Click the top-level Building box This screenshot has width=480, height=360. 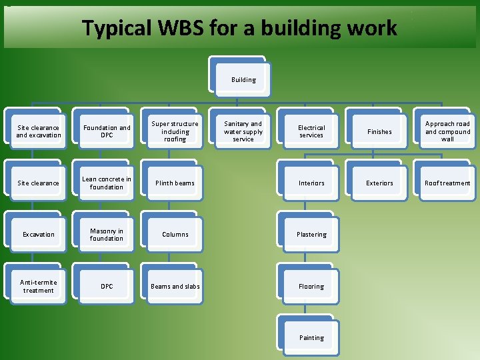point(243,80)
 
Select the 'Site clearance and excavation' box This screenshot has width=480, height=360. point(39,131)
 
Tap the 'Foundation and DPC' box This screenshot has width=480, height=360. point(107,131)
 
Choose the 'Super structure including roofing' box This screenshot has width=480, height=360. point(175,131)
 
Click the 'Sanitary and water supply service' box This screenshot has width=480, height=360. point(243,131)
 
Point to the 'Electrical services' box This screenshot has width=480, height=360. point(311,131)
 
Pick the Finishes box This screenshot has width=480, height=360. point(379,131)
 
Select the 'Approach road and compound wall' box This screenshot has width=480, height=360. point(447,131)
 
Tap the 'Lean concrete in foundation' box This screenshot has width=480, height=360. point(107,183)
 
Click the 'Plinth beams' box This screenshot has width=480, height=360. point(175,183)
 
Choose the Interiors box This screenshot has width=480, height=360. point(311,183)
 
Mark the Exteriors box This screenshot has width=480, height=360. point(379,183)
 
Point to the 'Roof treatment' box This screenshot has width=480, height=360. point(447,183)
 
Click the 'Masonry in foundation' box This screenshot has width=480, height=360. point(107,235)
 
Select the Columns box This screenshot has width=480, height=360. point(175,235)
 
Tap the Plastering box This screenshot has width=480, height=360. point(311,235)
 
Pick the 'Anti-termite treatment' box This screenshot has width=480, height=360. point(39,286)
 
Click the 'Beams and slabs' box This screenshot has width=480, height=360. point(175,286)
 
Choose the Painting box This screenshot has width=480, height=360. point(311,337)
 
